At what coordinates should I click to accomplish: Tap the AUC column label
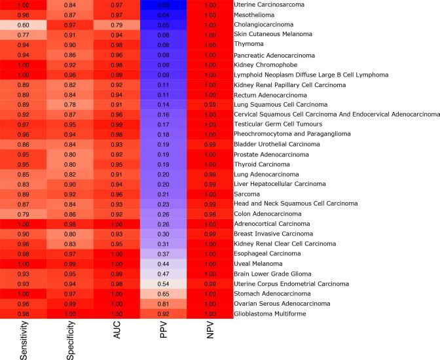tap(117, 340)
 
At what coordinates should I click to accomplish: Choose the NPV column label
tap(210, 340)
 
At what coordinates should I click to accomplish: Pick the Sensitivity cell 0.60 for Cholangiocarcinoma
tap(23, 24)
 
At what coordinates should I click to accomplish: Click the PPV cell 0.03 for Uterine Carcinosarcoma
tap(163, 5)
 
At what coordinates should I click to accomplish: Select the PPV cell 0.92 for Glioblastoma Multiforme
tap(163, 314)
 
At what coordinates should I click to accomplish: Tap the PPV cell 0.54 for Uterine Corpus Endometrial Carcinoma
tap(163, 283)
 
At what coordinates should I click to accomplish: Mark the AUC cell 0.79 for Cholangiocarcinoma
tap(117, 24)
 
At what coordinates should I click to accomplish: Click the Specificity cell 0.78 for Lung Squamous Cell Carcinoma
tap(70, 105)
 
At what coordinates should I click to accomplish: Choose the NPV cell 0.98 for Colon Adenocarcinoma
tap(210, 214)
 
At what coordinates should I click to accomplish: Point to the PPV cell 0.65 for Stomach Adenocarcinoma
tap(163, 294)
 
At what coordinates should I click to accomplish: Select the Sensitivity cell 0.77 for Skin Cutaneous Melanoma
tap(23, 35)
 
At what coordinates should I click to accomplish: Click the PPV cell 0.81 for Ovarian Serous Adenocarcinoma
tap(163, 304)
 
